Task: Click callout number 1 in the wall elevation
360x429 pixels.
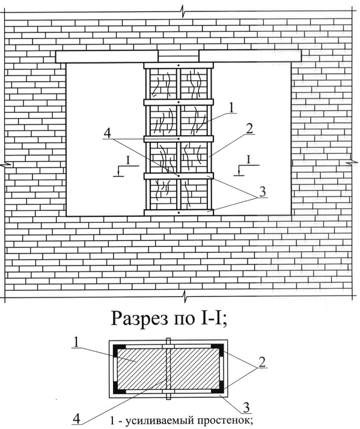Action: point(231,108)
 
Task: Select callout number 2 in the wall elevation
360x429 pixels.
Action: point(249,129)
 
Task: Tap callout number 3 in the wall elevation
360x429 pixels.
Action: point(262,192)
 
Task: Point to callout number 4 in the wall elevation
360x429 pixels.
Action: point(108,133)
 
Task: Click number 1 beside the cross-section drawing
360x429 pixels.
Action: point(76,342)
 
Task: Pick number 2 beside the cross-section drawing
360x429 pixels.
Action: point(261,362)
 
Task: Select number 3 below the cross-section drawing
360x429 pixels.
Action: point(246,407)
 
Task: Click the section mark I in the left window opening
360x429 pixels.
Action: point(128,160)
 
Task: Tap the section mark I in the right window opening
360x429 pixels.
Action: point(249,159)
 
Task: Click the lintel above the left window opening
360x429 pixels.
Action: point(107,56)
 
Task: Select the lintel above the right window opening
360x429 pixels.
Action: point(250,56)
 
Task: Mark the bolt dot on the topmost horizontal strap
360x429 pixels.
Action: point(178,65)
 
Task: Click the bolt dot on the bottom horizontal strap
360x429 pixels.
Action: point(178,212)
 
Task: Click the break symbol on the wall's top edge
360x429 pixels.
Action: point(183,13)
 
